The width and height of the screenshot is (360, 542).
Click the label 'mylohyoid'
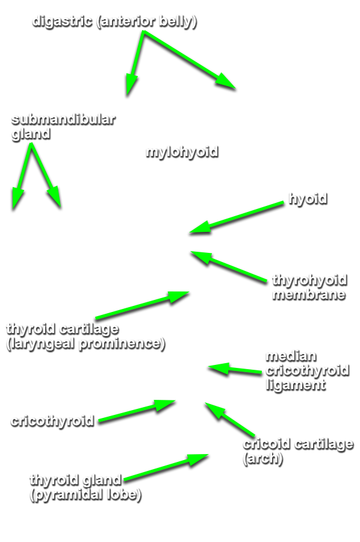click(x=182, y=152)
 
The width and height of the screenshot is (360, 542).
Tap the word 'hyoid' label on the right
click(x=308, y=199)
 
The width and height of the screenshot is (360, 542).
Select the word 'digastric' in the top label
click(x=62, y=22)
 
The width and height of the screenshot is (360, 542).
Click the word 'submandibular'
click(x=63, y=120)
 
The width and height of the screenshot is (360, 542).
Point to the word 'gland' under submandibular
click(x=31, y=134)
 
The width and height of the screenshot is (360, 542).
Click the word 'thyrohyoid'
click(x=309, y=280)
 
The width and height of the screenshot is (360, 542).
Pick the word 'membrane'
click(x=308, y=294)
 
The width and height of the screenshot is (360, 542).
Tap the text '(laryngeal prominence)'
click(x=85, y=344)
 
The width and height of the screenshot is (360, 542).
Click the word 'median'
click(x=291, y=356)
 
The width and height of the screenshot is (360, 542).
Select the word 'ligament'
click(x=296, y=385)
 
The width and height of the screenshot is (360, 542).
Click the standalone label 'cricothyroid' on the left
click(x=52, y=421)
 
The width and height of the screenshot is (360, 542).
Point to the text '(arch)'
click(x=263, y=459)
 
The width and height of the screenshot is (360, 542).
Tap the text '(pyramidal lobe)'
click(x=85, y=495)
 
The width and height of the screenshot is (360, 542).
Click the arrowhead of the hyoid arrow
click(x=198, y=229)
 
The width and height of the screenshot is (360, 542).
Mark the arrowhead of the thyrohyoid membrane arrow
click(x=200, y=257)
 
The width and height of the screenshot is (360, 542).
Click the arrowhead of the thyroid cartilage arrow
click(x=179, y=296)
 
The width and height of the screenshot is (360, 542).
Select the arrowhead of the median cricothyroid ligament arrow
click(x=218, y=369)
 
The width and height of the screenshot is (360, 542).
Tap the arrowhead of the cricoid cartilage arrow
click(x=214, y=410)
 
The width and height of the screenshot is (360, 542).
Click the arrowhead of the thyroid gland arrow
click(x=198, y=459)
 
